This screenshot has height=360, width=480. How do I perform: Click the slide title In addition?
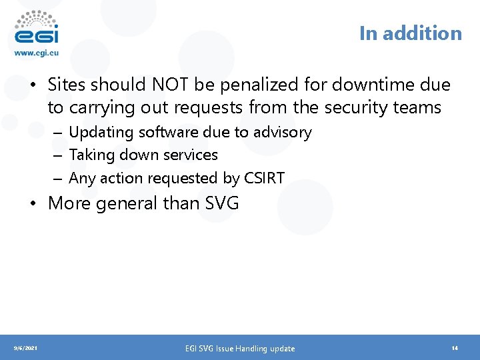point(410,33)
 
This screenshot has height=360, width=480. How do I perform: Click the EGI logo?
point(36,28)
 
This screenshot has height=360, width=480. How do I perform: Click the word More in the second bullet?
point(70,203)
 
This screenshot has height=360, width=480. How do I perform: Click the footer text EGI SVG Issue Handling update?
point(239,348)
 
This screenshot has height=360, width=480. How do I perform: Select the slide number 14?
point(454,348)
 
